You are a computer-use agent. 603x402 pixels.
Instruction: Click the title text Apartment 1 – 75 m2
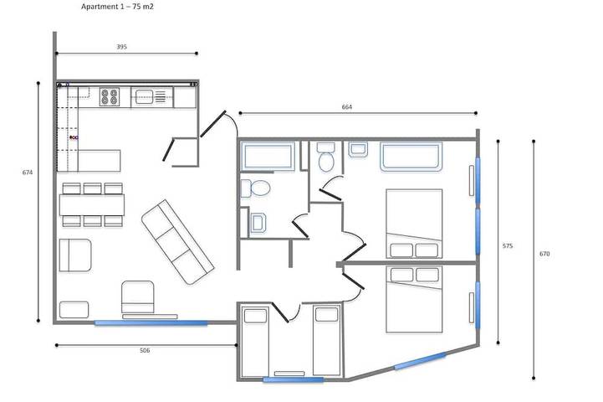point(118,6)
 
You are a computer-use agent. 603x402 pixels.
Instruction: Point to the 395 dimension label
point(122,47)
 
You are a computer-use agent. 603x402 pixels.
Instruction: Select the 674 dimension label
point(28,173)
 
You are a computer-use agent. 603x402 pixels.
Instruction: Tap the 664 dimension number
point(347,106)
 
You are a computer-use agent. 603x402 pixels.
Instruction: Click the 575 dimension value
point(508,246)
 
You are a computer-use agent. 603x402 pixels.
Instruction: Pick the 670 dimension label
point(544,253)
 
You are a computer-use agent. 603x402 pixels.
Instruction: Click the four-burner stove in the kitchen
point(110,96)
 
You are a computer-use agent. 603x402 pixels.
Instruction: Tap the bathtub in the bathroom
point(268,156)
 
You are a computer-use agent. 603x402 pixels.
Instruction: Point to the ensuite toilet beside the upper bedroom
point(326,157)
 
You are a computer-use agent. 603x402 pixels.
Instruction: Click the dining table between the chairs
point(92,204)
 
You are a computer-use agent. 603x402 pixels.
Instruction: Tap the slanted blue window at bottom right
point(421,361)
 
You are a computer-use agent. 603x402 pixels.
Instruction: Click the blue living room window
point(151,322)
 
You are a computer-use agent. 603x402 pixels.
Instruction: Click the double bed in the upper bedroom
point(413,223)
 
